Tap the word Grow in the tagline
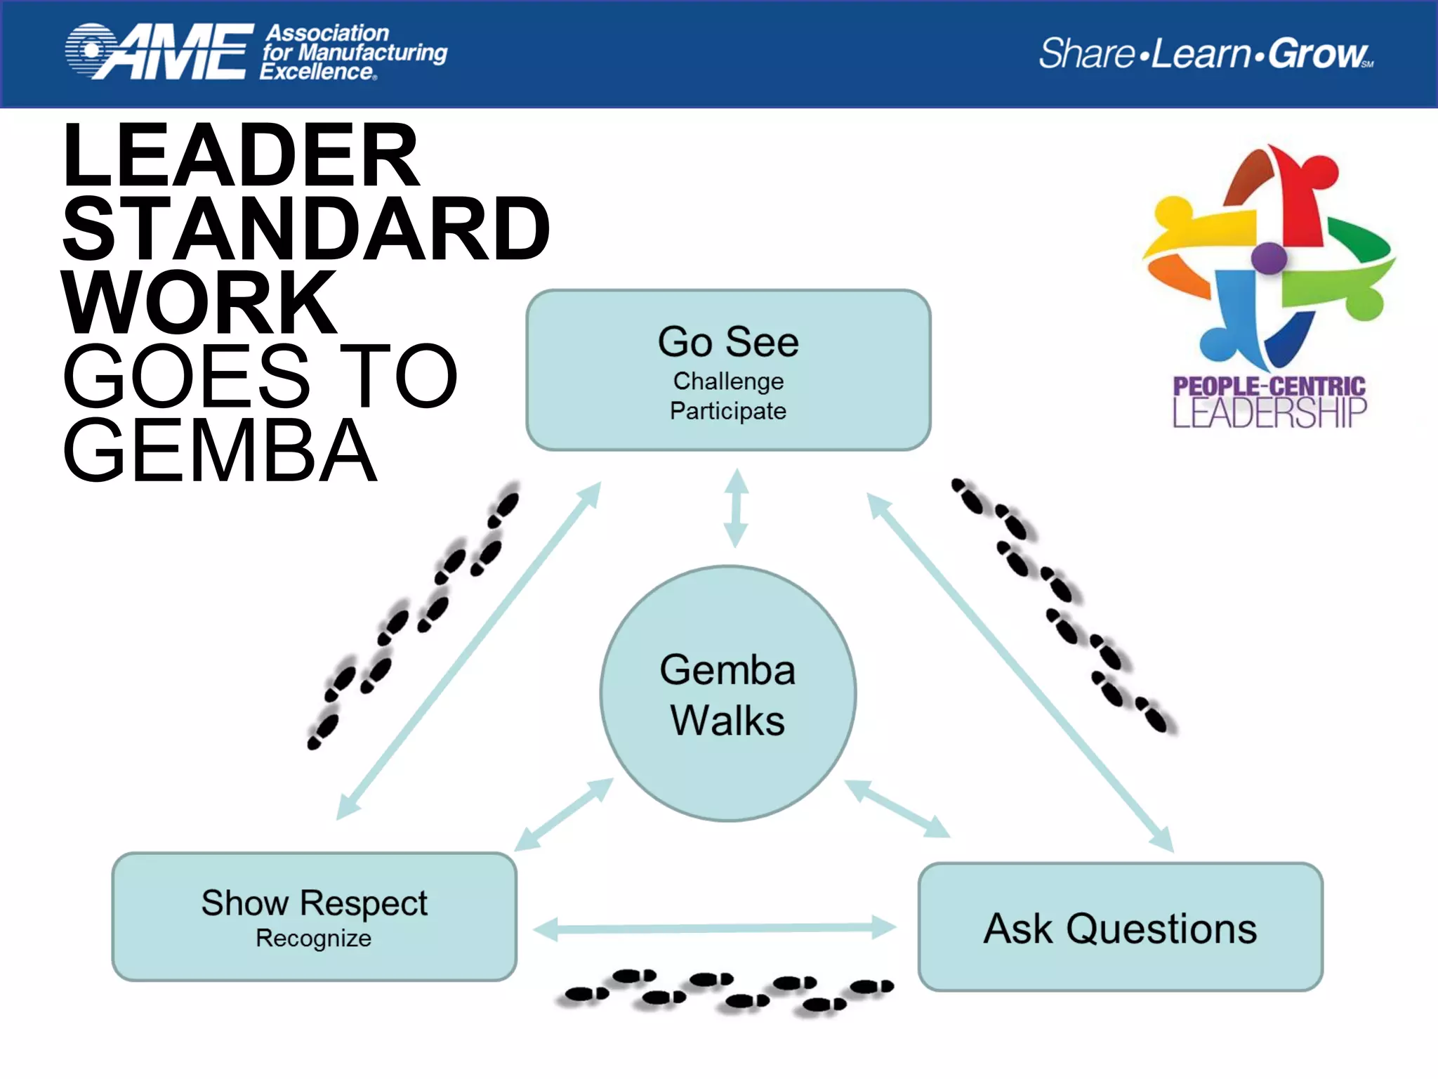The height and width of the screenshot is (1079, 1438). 1317,53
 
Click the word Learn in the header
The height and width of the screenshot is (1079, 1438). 1201,53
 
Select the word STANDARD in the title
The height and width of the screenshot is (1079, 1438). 306,229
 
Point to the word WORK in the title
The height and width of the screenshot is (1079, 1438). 200,303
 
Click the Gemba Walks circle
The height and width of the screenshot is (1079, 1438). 728,694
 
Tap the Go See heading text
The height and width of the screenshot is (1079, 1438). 728,342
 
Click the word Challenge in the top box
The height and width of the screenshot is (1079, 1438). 728,381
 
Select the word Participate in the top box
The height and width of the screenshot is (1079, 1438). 728,411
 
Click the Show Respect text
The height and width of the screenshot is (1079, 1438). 314,903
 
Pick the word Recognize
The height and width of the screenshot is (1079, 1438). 313,939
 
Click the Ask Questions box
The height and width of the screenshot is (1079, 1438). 1120,927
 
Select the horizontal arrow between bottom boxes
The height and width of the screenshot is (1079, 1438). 715,928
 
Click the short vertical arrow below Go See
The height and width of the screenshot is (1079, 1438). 736,508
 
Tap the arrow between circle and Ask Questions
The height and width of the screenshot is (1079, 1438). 897,809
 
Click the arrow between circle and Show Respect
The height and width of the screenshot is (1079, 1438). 564,815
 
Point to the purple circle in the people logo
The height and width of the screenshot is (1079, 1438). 1268,258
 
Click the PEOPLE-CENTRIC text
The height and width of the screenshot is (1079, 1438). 1269,386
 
